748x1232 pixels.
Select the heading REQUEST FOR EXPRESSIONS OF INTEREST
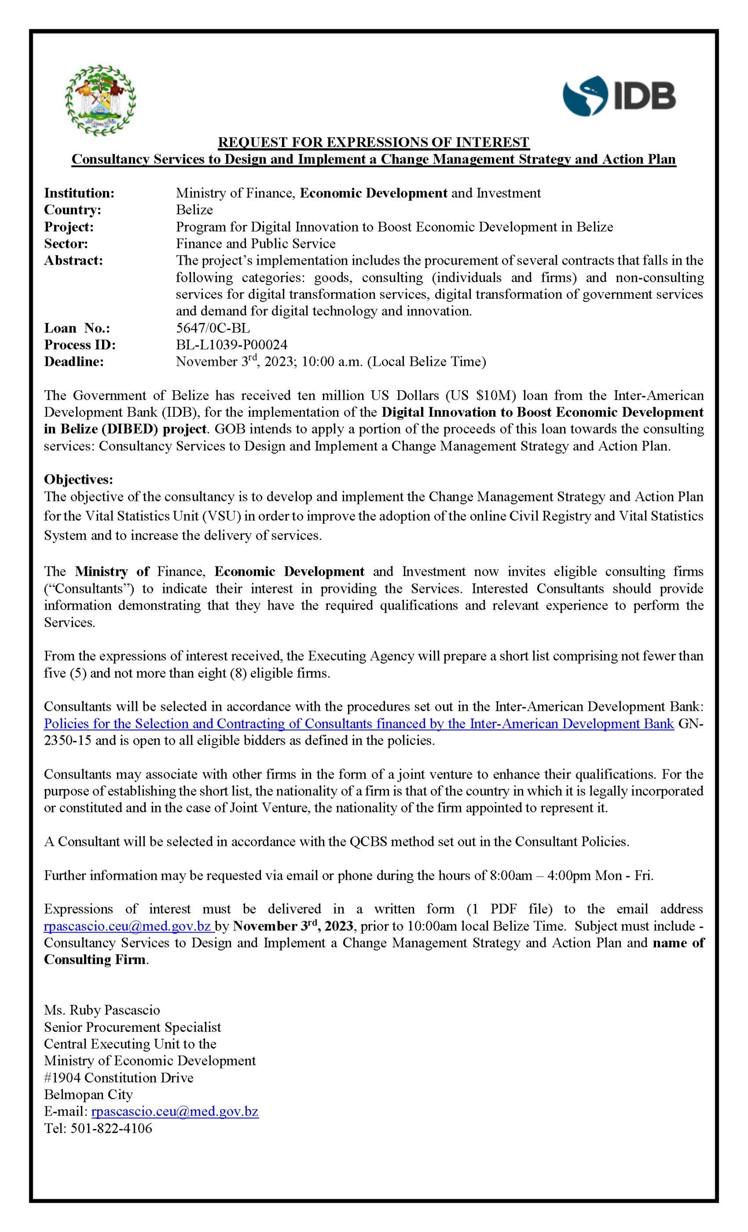374,142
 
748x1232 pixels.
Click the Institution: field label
79,193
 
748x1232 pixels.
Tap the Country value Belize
194,209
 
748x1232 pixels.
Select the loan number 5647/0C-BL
212,328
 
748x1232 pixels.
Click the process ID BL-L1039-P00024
232,345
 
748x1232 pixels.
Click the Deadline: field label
74,361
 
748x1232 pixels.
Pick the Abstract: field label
74,260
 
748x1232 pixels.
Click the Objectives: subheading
78,479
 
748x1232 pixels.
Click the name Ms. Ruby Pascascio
102,1010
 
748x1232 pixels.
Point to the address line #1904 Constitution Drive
118,1078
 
